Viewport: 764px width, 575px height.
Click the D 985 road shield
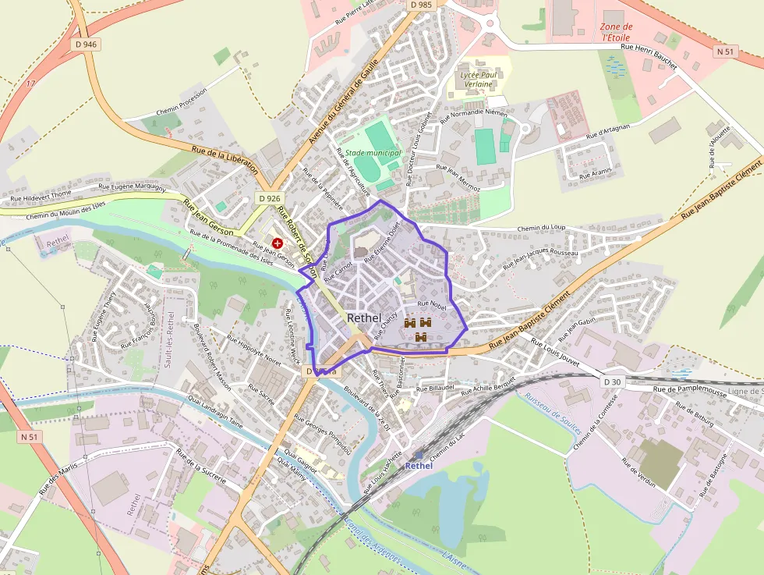(420, 5)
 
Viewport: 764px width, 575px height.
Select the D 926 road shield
(269, 198)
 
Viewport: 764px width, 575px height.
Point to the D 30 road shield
(613, 382)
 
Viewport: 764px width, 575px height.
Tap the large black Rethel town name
(364, 318)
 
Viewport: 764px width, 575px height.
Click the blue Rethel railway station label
(418, 466)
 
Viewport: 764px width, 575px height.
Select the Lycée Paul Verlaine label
(478, 79)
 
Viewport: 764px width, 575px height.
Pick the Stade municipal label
(373, 153)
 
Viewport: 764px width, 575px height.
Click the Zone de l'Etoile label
(617, 32)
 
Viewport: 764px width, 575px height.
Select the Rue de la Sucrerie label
(200, 467)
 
